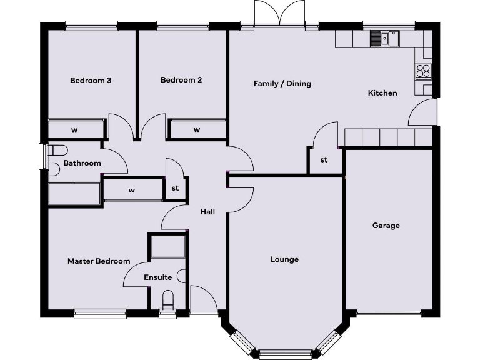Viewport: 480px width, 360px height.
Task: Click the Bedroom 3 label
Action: point(91,80)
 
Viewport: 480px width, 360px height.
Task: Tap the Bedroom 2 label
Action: point(181,80)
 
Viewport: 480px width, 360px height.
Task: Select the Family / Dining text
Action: point(282,83)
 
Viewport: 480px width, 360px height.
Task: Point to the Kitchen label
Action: point(382,92)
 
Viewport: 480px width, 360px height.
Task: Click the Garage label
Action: point(386,226)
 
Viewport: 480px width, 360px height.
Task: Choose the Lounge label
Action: point(284,259)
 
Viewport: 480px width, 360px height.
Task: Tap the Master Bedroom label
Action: point(99,261)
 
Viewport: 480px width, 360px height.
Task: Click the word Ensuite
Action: point(157,277)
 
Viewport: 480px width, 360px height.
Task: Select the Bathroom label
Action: point(82,163)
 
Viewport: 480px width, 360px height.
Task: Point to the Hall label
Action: point(207,212)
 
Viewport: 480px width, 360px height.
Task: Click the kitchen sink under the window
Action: point(384,39)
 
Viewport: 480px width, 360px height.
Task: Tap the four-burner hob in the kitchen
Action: point(422,71)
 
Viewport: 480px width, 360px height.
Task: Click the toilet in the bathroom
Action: point(57,150)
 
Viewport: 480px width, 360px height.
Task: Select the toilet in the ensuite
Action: point(167,298)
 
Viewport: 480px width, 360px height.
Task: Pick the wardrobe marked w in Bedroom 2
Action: point(197,129)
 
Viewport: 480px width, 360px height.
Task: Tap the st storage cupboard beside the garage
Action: point(324,160)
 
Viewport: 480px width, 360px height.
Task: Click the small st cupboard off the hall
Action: point(175,188)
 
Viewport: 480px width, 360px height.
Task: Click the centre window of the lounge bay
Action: point(285,354)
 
